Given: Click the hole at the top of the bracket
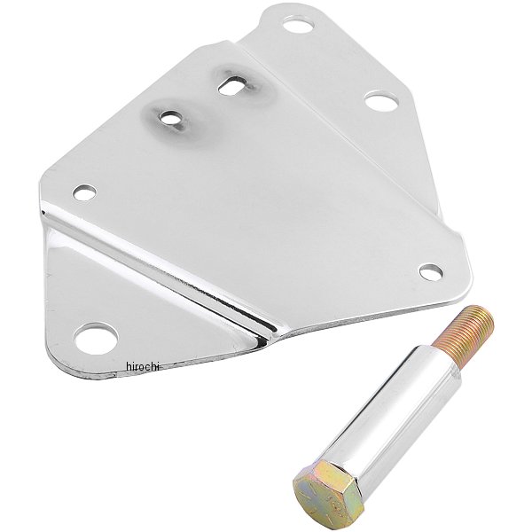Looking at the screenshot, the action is pos(298,26).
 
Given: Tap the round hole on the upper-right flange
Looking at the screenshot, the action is pos(380,100).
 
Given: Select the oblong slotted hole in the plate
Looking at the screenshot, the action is pos(231,85).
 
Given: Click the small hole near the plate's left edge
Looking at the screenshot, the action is pos(84,192).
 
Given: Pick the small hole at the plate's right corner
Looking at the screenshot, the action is pos(431,272).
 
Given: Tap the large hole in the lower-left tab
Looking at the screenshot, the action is pos(97,338).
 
